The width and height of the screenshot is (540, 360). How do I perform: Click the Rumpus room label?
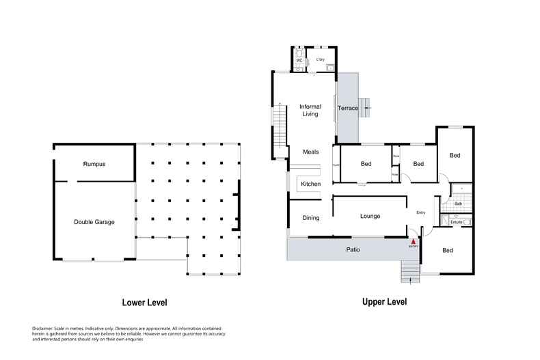coord(94,164)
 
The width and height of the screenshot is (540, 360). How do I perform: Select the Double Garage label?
coord(94,222)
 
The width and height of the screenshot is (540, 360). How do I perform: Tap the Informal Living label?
coord(310,110)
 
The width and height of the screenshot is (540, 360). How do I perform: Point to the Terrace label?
coord(348,109)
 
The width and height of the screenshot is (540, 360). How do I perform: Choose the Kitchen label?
coord(311,184)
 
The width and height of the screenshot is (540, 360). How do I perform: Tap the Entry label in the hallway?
coord(421,212)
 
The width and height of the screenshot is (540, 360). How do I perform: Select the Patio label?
coord(349,250)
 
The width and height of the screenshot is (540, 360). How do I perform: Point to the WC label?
coord(299,60)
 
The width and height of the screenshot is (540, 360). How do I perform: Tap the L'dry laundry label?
coord(319,59)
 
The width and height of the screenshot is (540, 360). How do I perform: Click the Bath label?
coord(459,204)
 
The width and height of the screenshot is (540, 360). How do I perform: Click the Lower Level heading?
coord(144,302)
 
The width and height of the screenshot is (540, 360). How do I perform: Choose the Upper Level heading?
coord(384,301)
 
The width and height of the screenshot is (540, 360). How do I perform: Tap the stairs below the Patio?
coord(409,274)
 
